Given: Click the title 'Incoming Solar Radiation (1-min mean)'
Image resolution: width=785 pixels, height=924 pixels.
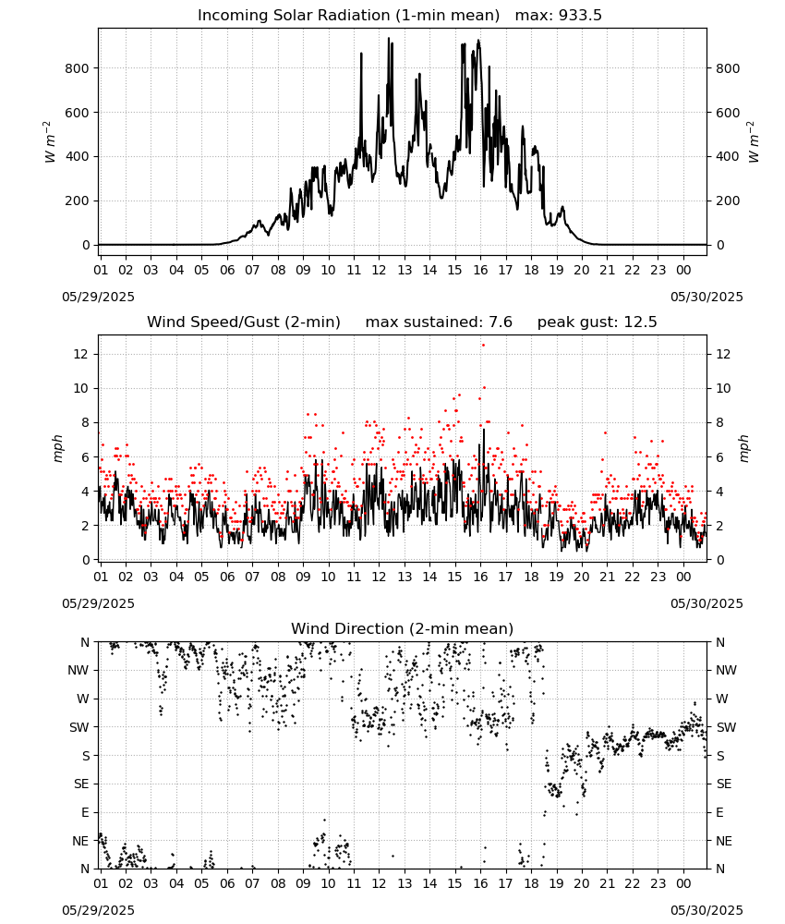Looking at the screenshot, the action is coord(348,16).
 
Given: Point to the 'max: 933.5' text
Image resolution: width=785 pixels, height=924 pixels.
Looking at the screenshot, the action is coord(559,16).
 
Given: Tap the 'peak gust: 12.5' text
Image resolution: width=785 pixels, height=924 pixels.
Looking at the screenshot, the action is coord(597,322).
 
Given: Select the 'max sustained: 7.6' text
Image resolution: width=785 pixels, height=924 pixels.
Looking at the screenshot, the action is coord(439,322).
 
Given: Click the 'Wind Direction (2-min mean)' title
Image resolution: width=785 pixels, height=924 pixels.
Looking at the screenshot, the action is coord(403,628).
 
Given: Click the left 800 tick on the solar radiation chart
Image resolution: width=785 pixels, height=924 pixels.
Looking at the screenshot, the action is coord(78,68).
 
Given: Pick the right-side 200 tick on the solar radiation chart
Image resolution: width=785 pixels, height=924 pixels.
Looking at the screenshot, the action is coord(728,201).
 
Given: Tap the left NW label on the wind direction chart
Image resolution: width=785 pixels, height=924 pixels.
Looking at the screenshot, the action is coord(78,671).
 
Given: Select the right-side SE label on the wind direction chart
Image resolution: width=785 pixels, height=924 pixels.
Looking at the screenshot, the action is coord(724,784).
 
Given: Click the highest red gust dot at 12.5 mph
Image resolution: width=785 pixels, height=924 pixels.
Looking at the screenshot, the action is coord(484,346).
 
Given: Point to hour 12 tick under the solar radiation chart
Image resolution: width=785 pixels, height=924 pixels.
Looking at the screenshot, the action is coord(379,270).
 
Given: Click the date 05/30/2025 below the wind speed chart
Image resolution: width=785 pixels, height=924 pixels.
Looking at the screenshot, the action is coord(706,603).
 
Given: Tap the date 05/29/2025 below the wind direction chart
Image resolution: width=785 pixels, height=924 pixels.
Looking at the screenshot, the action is coord(98,910).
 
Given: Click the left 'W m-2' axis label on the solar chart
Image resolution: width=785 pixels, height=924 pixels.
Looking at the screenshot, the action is coord(50,142).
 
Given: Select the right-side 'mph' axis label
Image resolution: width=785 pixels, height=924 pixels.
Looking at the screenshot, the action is coord(743,448).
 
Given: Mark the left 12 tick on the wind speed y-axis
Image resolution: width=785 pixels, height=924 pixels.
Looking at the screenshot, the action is coord(81,354).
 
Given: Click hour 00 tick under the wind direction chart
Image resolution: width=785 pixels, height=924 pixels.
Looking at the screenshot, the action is coord(683,883).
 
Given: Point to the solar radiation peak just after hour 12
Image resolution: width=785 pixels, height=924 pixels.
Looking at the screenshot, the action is coord(389,38).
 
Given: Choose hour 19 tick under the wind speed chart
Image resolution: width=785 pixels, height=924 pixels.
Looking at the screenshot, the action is coord(557,577).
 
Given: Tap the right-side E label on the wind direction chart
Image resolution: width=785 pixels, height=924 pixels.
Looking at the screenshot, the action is coord(719,812).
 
